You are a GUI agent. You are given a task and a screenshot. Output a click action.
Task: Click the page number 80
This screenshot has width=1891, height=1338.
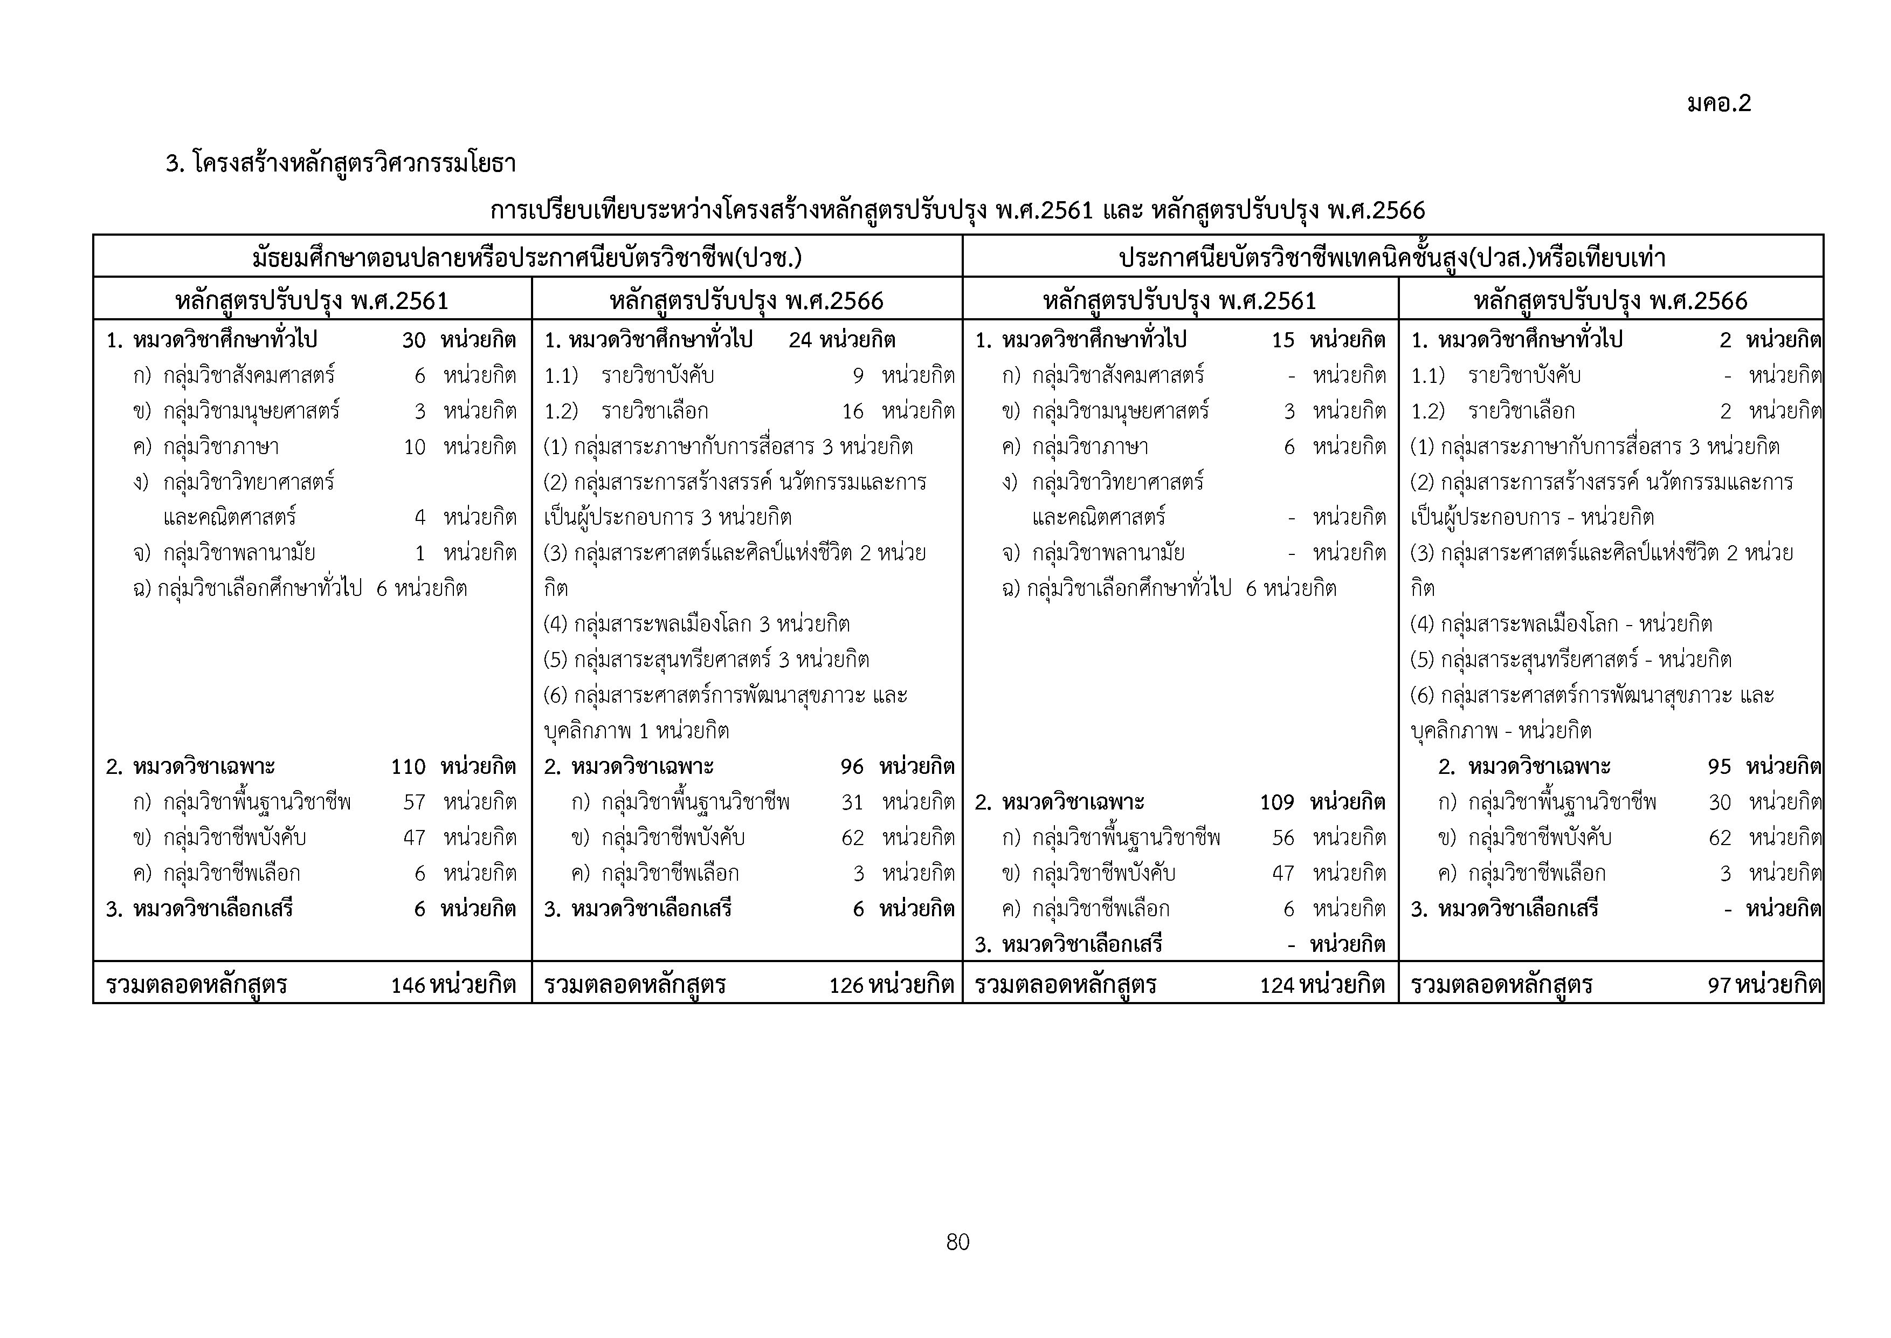(958, 1241)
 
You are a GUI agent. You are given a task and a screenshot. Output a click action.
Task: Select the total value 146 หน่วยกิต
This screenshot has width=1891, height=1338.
(453, 985)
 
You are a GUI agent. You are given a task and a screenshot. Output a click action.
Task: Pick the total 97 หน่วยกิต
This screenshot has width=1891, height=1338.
(1763, 985)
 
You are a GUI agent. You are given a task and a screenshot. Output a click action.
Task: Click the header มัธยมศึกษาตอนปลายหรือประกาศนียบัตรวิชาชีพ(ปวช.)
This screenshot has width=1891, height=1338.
(527, 258)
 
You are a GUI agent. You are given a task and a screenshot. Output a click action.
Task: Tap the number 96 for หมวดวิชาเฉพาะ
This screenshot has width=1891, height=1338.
(852, 767)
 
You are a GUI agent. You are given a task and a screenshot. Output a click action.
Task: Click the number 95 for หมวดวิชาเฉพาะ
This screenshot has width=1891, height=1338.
(1720, 767)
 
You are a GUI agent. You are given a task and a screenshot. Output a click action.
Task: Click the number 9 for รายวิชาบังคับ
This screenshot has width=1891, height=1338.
(858, 376)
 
